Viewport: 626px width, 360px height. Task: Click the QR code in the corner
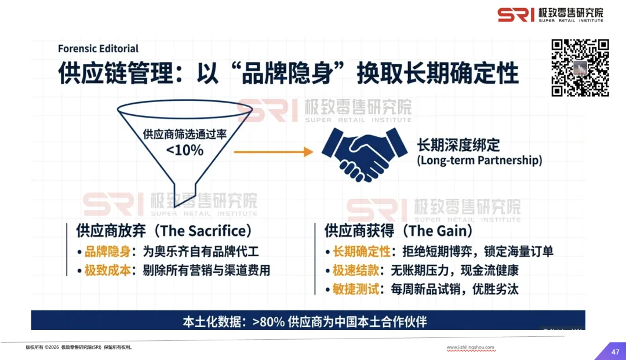[x=580, y=67]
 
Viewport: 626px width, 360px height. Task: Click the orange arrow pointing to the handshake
[x=273, y=151]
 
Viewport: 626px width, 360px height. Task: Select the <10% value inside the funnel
[x=184, y=151]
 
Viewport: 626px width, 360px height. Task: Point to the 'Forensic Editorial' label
[x=98, y=49]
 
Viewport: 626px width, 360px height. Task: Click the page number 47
[x=615, y=351]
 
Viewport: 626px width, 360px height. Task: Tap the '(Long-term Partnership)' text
[x=479, y=161]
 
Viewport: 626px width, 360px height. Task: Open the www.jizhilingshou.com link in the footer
[x=471, y=348]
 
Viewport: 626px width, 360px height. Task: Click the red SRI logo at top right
[x=516, y=14]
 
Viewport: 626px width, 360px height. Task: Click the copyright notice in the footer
[x=79, y=348]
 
